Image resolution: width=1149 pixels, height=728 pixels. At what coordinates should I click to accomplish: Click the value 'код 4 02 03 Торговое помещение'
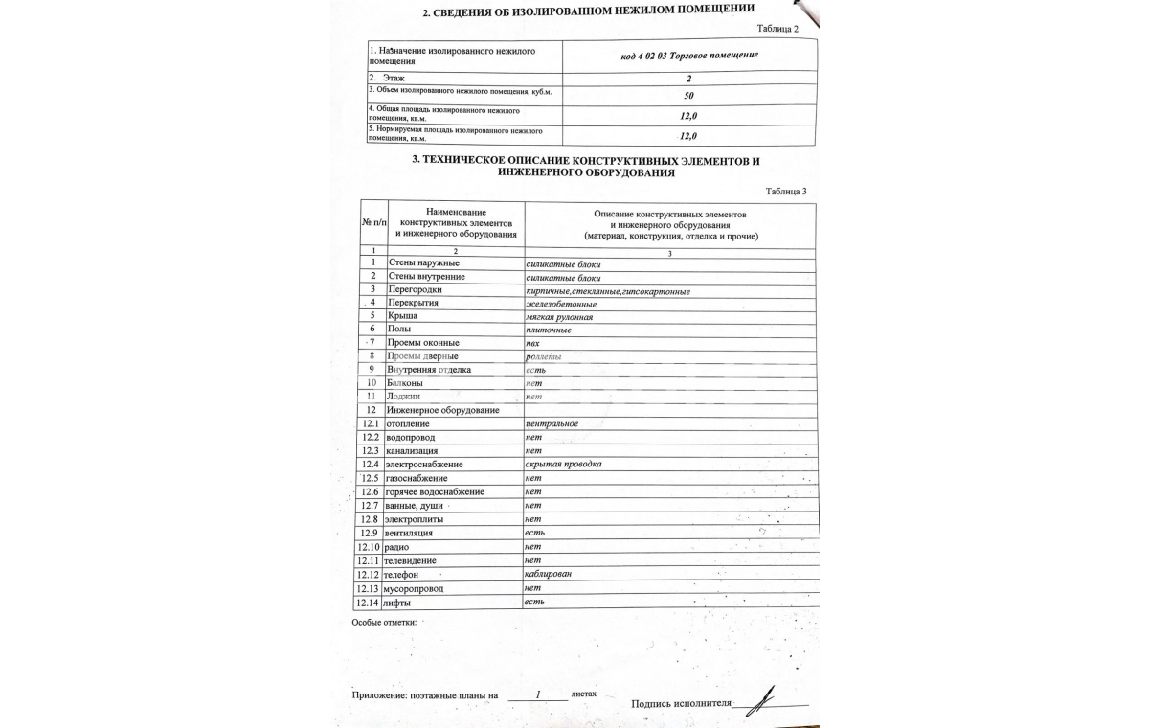[689, 55]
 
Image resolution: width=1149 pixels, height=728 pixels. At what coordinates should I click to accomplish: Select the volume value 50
[689, 95]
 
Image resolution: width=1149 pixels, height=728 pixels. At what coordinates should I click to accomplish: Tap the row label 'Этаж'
[394, 78]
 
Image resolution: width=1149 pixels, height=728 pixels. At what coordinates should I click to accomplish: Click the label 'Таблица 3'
[785, 192]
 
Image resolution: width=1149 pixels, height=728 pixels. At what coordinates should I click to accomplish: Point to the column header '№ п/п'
[372, 222]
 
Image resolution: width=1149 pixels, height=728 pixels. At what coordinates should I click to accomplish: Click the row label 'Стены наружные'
[423, 262]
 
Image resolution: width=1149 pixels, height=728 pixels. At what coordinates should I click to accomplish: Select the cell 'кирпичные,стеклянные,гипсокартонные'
[608, 290]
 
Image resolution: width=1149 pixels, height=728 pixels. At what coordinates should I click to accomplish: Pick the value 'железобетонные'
[561, 304]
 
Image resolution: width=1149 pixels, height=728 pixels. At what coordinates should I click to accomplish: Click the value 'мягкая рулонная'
[559, 317]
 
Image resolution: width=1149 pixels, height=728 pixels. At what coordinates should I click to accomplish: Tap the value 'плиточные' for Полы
[549, 330]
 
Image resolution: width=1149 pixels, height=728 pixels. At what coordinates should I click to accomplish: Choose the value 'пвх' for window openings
[532, 343]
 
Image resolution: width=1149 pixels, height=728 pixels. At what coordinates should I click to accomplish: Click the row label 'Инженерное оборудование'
[442, 410]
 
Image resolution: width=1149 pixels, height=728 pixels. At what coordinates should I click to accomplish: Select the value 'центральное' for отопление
[552, 423]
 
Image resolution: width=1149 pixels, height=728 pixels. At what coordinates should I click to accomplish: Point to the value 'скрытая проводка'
[563, 464]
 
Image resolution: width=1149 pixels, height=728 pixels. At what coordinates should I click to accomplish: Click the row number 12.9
[369, 533]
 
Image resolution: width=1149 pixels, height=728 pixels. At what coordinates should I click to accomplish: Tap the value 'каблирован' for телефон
[549, 573]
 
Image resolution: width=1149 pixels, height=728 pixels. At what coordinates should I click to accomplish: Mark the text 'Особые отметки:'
[384, 622]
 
